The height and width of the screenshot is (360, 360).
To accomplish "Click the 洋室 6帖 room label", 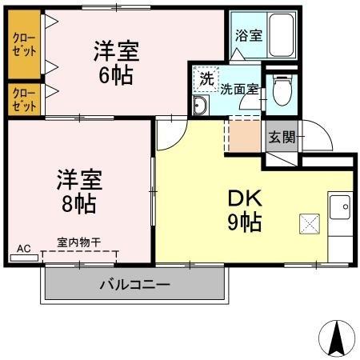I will [x=117, y=62].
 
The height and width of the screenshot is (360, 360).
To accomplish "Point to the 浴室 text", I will [x=248, y=35].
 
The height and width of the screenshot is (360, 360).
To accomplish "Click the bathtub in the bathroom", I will [x=282, y=35].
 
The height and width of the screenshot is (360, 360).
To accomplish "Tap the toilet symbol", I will [x=282, y=90].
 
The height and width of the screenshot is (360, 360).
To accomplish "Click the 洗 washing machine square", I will [x=206, y=78].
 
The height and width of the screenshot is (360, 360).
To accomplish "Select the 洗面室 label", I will [x=240, y=90].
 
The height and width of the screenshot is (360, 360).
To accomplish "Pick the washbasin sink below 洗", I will [x=201, y=106].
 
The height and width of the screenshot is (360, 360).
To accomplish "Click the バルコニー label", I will [x=134, y=284].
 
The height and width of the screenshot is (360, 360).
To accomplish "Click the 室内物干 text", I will [x=78, y=242].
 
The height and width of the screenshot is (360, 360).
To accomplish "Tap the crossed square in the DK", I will [x=309, y=224].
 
